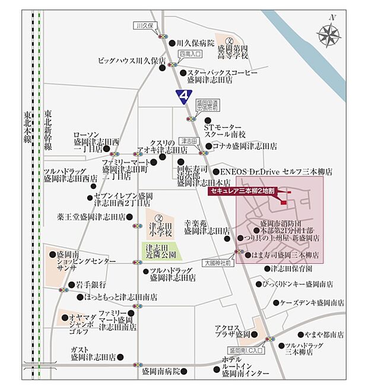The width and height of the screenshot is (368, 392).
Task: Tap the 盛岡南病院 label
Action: click(160, 371)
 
